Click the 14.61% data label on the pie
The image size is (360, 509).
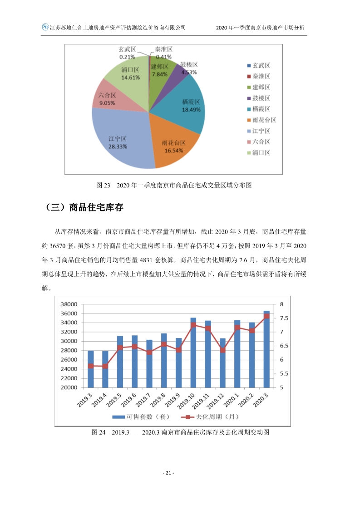click(130, 78)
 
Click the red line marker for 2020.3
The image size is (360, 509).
click(266, 316)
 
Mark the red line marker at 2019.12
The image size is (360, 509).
click(222, 350)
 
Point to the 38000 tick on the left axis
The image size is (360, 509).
click(69, 304)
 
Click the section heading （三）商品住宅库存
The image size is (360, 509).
click(85, 208)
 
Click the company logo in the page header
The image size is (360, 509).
click(45, 27)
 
